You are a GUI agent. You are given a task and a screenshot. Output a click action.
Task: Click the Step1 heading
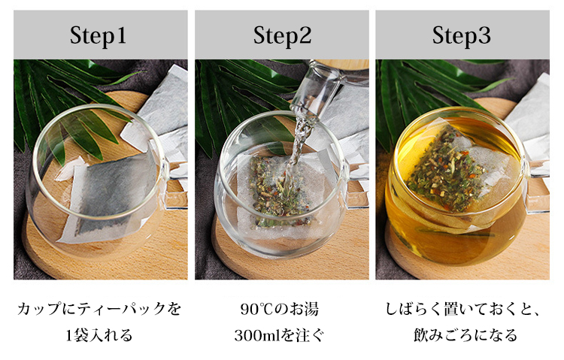[98, 35]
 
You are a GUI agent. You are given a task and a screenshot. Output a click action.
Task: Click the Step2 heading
[282, 35]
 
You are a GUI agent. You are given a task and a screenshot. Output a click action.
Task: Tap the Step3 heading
[462, 35]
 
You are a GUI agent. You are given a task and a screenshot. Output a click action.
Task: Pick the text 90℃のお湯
[280, 310]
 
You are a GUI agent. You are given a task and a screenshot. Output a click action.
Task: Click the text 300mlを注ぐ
[280, 335]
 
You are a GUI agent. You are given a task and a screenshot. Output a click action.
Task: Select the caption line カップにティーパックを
[99, 310]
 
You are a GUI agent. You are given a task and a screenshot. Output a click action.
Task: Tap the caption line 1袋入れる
[99, 335]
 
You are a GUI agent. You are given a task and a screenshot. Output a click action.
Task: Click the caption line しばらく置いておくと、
[463, 310]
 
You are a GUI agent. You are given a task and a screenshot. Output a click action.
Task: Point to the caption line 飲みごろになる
[465, 335]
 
